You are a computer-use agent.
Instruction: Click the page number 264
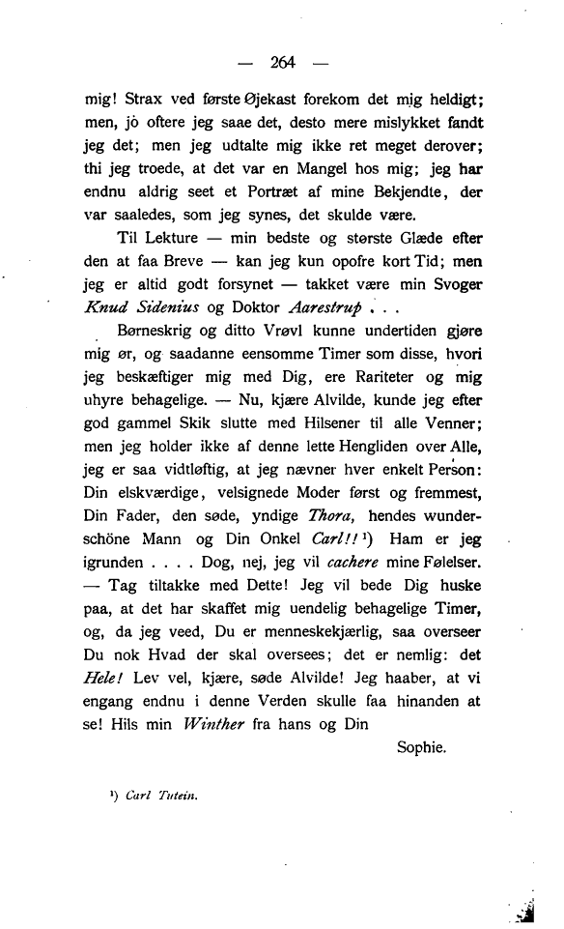tap(282, 63)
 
